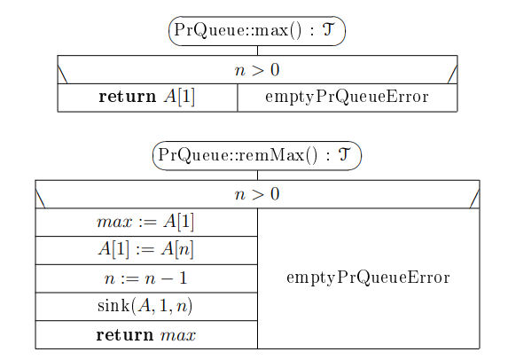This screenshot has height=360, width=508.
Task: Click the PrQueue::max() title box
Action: click(257, 31)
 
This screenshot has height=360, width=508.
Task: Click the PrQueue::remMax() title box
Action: click(257, 155)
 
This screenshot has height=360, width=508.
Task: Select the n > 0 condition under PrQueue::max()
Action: click(257, 70)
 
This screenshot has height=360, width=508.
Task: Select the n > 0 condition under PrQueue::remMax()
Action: click(257, 194)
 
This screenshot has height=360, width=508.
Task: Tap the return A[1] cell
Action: click(147, 97)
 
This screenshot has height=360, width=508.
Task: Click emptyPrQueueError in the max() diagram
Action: click(347, 97)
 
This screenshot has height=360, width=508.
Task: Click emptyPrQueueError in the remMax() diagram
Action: click(368, 278)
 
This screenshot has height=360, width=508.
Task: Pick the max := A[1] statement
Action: click(145, 222)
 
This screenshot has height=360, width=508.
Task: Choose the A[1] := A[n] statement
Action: click(145, 250)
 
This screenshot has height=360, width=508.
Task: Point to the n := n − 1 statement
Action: click(145, 278)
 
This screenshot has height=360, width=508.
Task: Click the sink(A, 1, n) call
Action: click(145, 306)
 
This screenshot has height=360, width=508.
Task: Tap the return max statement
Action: click(145, 334)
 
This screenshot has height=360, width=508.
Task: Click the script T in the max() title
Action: click(327, 30)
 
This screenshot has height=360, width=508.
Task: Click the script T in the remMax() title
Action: click(344, 154)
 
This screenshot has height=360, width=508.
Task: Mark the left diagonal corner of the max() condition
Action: click(62, 74)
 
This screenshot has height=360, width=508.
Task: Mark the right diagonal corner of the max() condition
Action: click(453, 74)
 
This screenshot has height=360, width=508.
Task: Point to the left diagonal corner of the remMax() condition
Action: click(40, 199)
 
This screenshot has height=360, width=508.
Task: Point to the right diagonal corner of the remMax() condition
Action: click(474, 199)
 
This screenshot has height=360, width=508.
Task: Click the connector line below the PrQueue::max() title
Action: click(258, 51)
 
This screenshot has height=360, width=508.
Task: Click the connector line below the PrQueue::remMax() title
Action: click(258, 176)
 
